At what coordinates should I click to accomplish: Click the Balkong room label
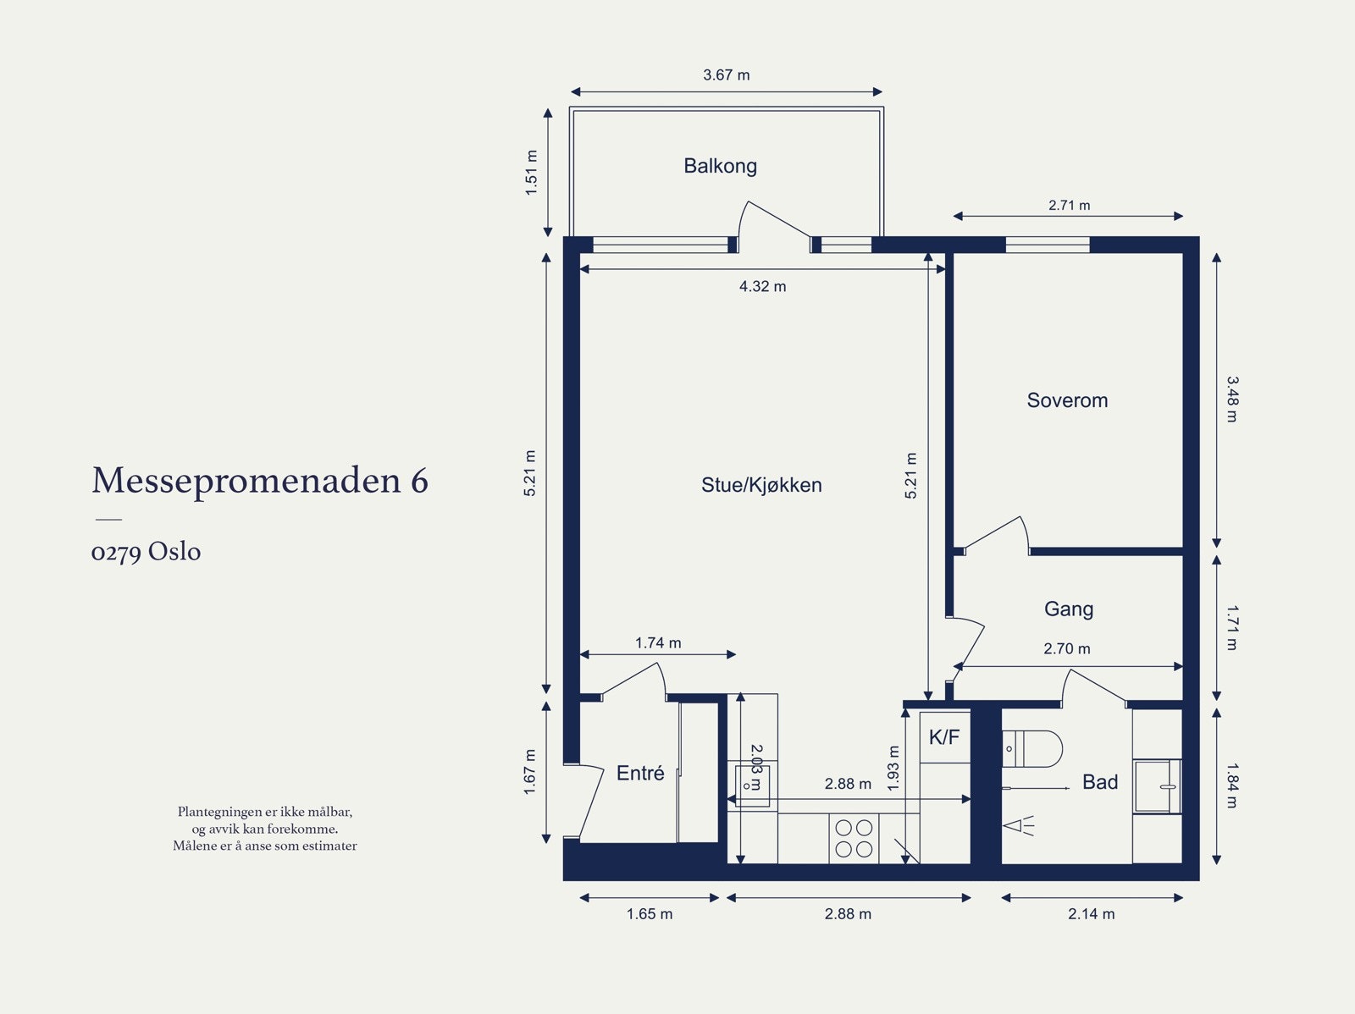pos(720,166)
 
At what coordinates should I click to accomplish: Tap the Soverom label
pos(1067,400)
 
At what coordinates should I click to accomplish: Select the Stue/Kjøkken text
pos(761,485)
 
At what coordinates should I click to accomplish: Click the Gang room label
pos(1068,609)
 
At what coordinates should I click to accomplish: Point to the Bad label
pos(1100,782)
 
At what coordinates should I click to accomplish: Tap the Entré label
pos(640,773)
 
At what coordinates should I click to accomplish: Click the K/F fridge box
pos(944,737)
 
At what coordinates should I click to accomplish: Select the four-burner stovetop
pos(854,838)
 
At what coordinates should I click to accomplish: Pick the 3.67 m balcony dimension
pos(727,74)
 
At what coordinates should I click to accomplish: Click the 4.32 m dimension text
pos(762,286)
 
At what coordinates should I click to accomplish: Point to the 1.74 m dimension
pos(658,642)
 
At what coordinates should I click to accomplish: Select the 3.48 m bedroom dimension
pos(1231,400)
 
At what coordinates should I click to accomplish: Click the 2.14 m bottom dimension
pos(1091,913)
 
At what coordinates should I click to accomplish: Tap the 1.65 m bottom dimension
pos(650,913)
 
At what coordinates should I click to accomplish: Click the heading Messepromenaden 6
pos(260,480)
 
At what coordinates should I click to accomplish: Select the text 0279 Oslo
pos(146,552)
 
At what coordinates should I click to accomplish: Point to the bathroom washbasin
pos(1157,786)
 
